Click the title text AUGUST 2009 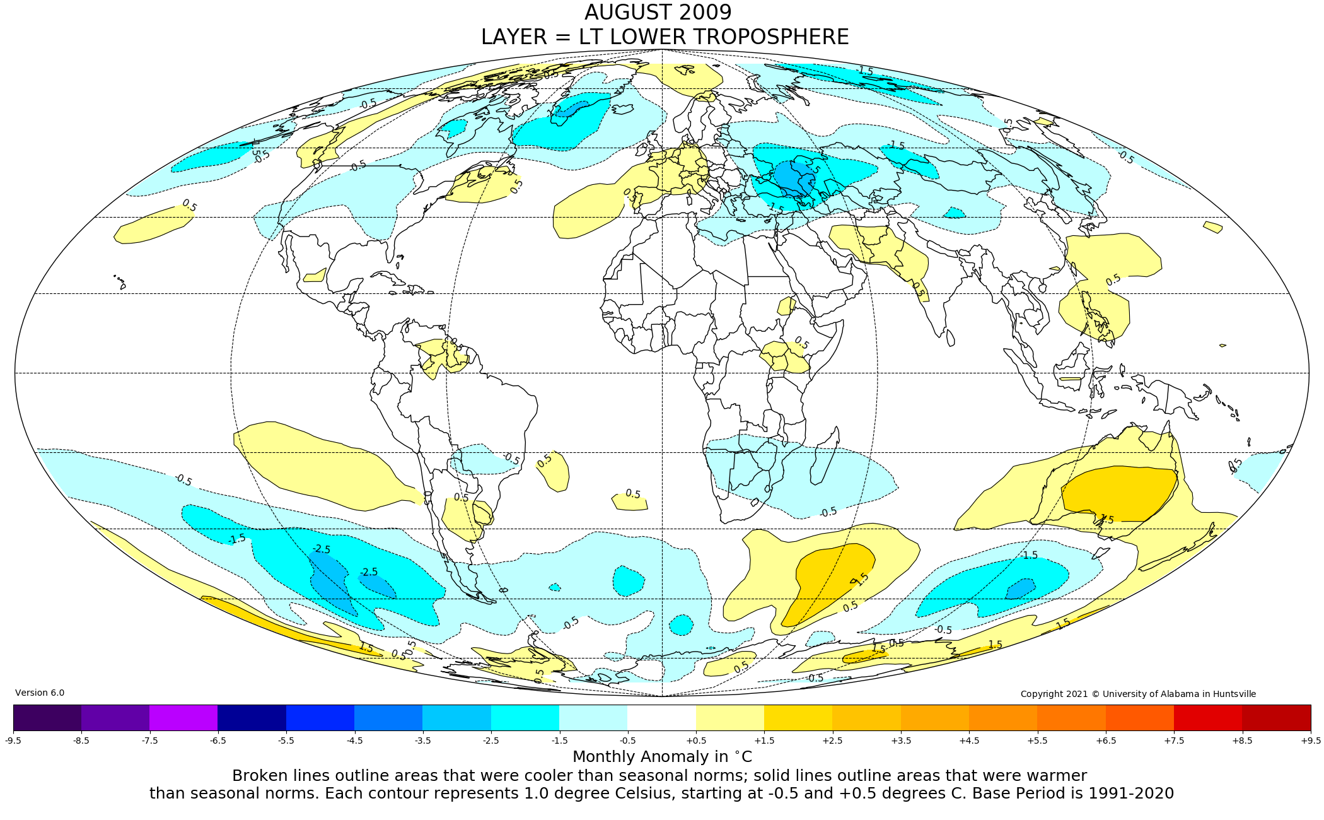(x=658, y=13)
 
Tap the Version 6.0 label (x=40, y=693)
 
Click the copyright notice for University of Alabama (x=1138, y=694)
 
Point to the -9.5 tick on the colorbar (x=13, y=741)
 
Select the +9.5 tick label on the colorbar (x=1310, y=741)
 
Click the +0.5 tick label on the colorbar (x=696, y=741)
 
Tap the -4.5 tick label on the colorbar (x=354, y=741)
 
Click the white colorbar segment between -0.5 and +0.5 (x=662, y=717)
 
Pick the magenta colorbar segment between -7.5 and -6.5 (x=183, y=717)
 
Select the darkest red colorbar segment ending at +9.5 (x=1276, y=717)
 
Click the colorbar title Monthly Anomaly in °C (x=662, y=757)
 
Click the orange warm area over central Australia (x=1119, y=492)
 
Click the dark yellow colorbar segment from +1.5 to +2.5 (x=798, y=717)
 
